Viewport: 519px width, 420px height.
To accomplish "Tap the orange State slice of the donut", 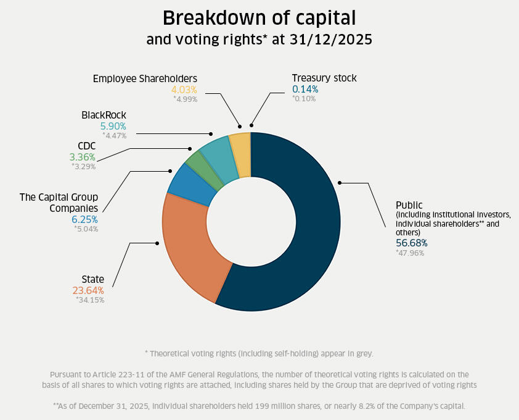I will (x=188, y=247).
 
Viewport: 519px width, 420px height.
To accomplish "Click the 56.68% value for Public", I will (x=411, y=243).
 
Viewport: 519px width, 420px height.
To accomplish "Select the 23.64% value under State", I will (x=88, y=290).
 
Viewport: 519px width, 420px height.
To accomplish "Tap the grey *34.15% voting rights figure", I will (x=90, y=300).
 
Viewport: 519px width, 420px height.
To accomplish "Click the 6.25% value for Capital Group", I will (x=84, y=219).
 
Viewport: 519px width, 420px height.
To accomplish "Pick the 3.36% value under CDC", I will (x=83, y=156).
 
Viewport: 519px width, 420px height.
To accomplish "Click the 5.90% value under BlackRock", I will (x=113, y=125).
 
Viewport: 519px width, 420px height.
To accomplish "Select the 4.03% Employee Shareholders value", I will (x=184, y=89).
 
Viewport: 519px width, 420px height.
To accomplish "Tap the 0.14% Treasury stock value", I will (x=305, y=89).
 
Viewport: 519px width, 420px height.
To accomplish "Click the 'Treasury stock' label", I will (x=324, y=78).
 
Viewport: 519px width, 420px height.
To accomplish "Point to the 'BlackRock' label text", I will (x=104, y=115).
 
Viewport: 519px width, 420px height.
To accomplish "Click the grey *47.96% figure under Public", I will (x=410, y=253).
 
